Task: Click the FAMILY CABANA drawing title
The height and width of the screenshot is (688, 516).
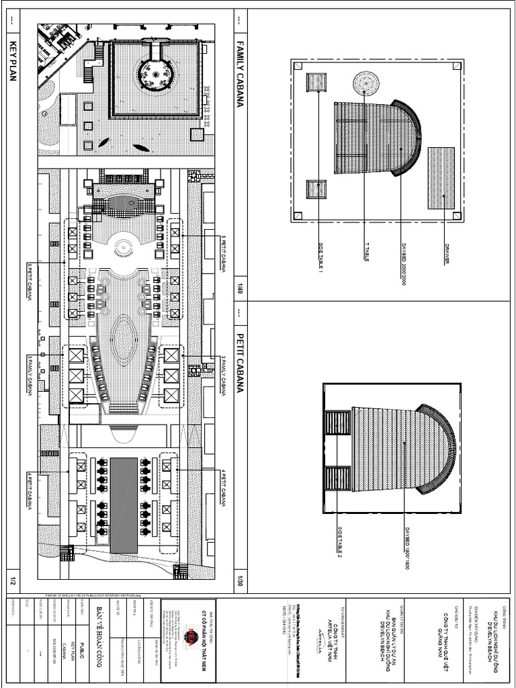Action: click(x=240, y=73)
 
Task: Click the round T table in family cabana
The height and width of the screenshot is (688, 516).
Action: click(x=365, y=83)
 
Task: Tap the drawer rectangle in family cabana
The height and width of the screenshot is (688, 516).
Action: click(x=441, y=178)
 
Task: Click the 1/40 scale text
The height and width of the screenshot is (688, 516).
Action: click(x=239, y=290)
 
